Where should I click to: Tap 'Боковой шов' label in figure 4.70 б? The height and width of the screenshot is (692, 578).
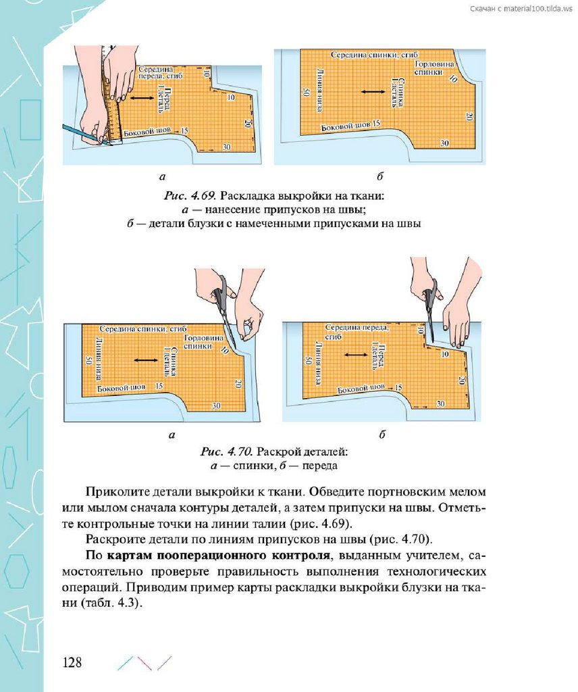361,389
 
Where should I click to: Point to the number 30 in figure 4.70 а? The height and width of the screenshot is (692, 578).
216,405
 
